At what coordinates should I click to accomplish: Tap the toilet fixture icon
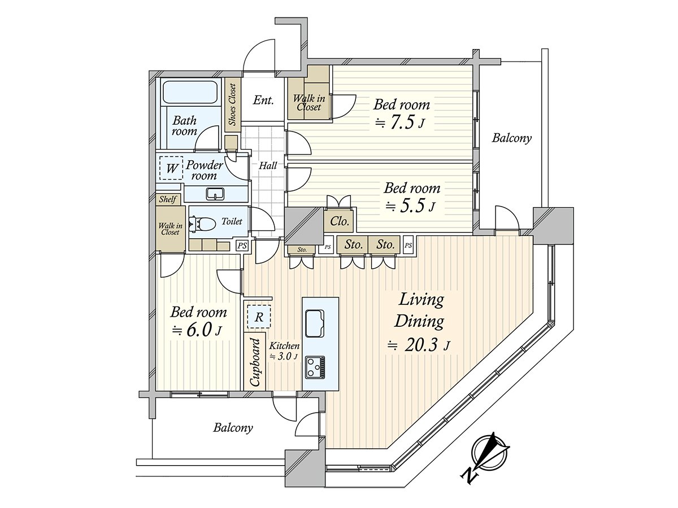pos(202,224)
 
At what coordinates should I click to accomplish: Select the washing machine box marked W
pos(171,168)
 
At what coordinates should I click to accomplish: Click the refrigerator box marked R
pos(259,317)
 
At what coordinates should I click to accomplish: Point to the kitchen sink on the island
pos(315,323)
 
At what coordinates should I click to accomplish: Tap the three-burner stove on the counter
pos(315,367)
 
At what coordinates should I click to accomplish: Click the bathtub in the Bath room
pos(190,92)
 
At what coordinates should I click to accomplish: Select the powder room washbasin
pos(215,194)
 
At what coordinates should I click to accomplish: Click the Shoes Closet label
pos(233,104)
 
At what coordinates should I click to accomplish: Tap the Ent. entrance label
pos(263,100)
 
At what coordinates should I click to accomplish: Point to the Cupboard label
pos(255,362)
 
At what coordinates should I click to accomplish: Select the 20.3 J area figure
pos(419,346)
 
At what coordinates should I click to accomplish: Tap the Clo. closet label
pos(340,221)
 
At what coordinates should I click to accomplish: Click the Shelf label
pos(168,199)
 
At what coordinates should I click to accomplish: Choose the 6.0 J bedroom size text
pos(197,331)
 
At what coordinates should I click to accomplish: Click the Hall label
pos(267,165)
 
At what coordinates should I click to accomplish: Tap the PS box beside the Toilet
pos(242,246)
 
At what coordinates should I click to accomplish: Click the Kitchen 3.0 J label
pos(284,351)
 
